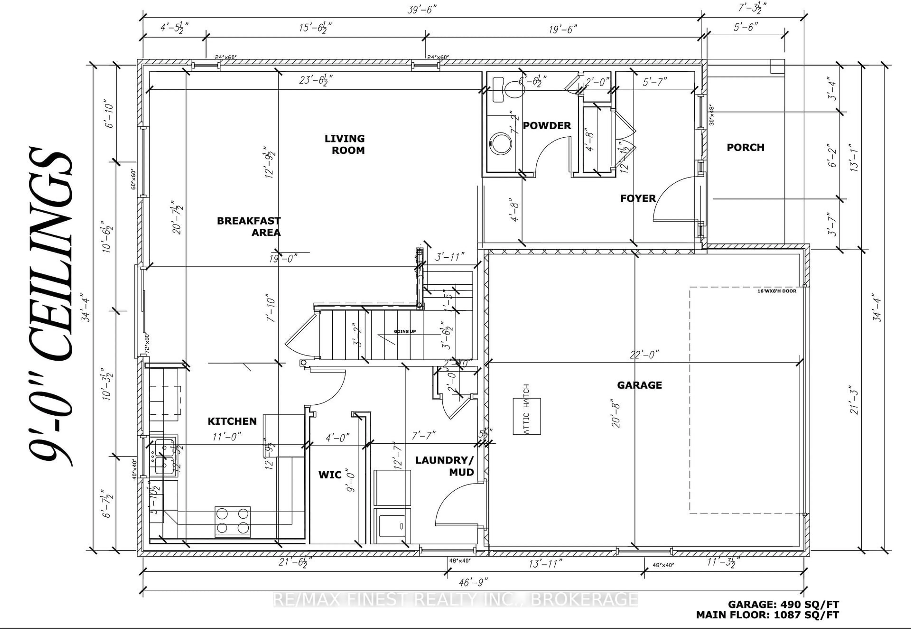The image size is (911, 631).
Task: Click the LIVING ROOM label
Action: [x=344, y=144]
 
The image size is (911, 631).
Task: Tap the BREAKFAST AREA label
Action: [x=249, y=226]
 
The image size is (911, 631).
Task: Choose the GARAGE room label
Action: [x=639, y=385]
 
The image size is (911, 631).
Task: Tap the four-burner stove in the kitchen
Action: [x=232, y=521]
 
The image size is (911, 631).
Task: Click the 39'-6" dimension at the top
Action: [x=422, y=9]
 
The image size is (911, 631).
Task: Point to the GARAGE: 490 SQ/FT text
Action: [x=783, y=604]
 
